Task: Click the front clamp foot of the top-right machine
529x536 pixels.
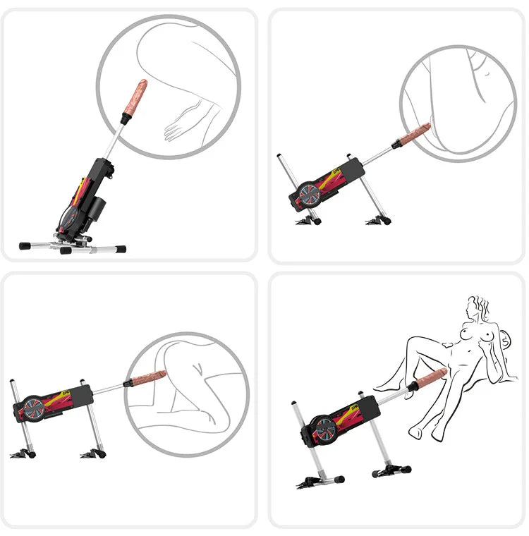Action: tap(379, 220)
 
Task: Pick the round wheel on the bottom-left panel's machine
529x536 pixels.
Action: tap(31, 409)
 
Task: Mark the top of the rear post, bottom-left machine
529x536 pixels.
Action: tap(12, 383)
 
